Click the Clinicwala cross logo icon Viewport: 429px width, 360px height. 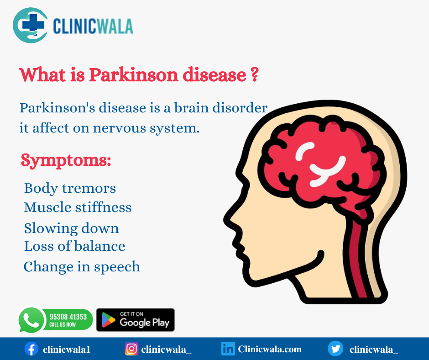pyautogui.click(x=31, y=25)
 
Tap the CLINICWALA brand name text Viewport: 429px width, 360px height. pyautogui.click(x=93, y=26)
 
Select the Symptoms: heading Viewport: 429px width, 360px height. pyautogui.click(x=66, y=160)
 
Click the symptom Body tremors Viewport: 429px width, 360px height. pyautogui.click(x=70, y=188)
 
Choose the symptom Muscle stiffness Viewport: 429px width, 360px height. pyautogui.click(x=78, y=207)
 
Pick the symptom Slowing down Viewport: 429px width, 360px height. pyautogui.click(x=71, y=228)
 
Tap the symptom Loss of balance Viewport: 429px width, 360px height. pyautogui.click(x=74, y=246)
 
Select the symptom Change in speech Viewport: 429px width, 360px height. pyautogui.click(x=82, y=266)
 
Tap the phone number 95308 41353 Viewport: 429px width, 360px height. pyautogui.click(x=68, y=317)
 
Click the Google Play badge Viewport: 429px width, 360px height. pyautogui.click(x=136, y=320)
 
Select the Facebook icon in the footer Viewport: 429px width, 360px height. pyautogui.click(x=31, y=349)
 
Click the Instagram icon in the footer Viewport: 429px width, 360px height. pyautogui.click(x=131, y=349)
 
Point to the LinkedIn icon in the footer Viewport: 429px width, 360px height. pyautogui.click(x=228, y=349)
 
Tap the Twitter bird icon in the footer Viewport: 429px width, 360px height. pyautogui.click(x=335, y=349)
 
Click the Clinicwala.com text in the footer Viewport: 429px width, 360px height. pyautogui.click(x=270, y=349)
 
